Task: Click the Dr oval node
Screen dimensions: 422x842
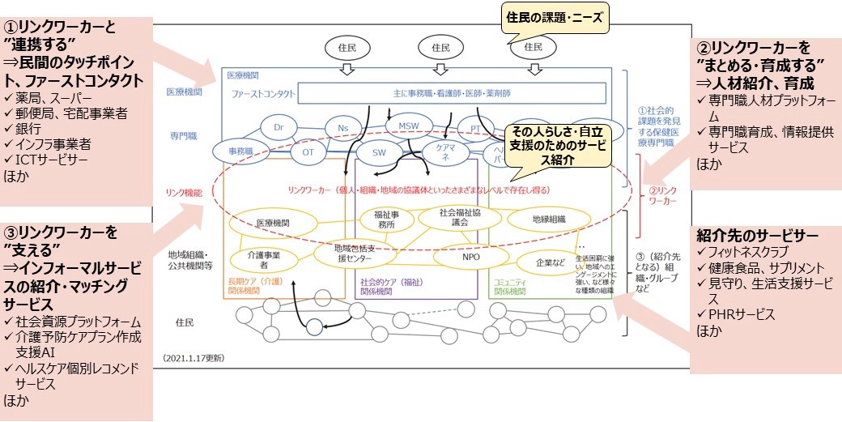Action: click(279, 127)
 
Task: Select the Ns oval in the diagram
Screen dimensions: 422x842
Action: click(342, 127)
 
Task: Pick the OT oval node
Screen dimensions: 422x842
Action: click(308, 151)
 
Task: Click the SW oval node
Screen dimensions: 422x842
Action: click(379, 151)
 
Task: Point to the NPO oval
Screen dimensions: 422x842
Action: click(471, 257)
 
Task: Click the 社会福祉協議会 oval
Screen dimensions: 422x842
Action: click(460, 217)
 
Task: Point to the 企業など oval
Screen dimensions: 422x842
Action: click(551, 262)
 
